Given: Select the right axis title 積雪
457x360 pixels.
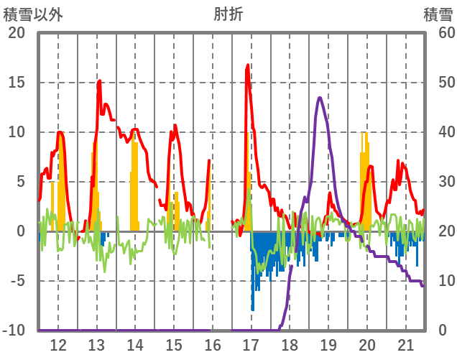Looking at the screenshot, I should (x=438, y=14).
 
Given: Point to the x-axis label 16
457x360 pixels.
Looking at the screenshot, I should (x=213, y=345).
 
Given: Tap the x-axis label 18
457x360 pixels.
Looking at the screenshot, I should (x=290, y=345).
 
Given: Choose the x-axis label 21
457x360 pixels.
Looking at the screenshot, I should (x=405, y=345).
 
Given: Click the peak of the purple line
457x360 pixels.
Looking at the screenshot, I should (x=319, y=98).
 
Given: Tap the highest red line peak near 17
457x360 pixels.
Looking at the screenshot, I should (x=248, y=65).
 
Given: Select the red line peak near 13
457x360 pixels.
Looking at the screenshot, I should (x=99, y=81).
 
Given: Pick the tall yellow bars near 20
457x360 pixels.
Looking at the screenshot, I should (x=364, y=180).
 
